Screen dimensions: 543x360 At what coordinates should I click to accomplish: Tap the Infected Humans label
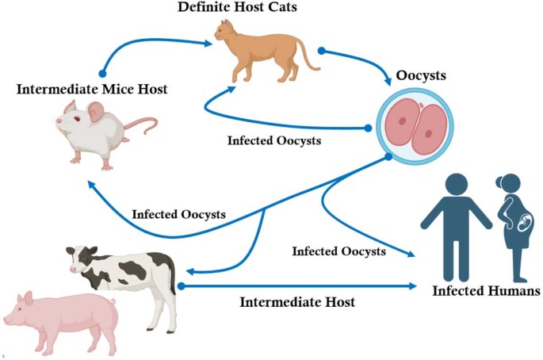click(486, 291)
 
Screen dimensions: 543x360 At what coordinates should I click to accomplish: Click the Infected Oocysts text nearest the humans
click(338, 251)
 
